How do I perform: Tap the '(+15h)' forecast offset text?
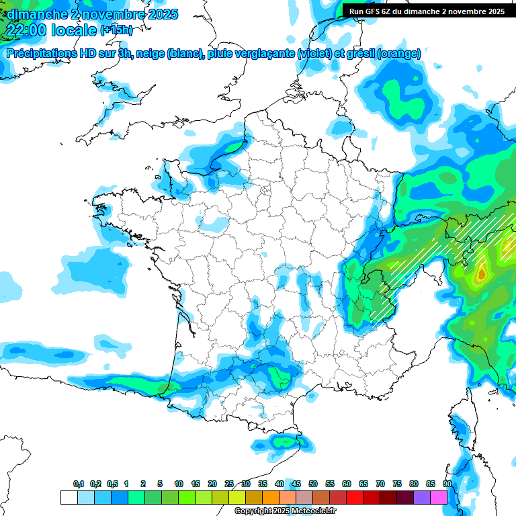click(x=116, y=30)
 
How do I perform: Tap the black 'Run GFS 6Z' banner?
click(x=427, y=11)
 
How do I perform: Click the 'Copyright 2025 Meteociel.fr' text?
click(x=285, y=511)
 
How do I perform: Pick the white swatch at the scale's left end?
click(x=69, y=497)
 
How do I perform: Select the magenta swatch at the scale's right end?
click(x=439, y=497)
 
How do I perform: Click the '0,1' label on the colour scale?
click(x=78, y=484)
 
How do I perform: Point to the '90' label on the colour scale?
click(x=447, y=484)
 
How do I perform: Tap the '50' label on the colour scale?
click(x=313, y=484)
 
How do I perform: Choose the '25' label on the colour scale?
click(x=229, y=484)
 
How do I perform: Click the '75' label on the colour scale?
click(x=397, y=484)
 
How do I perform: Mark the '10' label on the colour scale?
click(x=179, y=484)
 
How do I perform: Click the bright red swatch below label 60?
click(x=355, y=497)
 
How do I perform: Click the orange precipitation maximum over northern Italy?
click(x=480, y=274)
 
